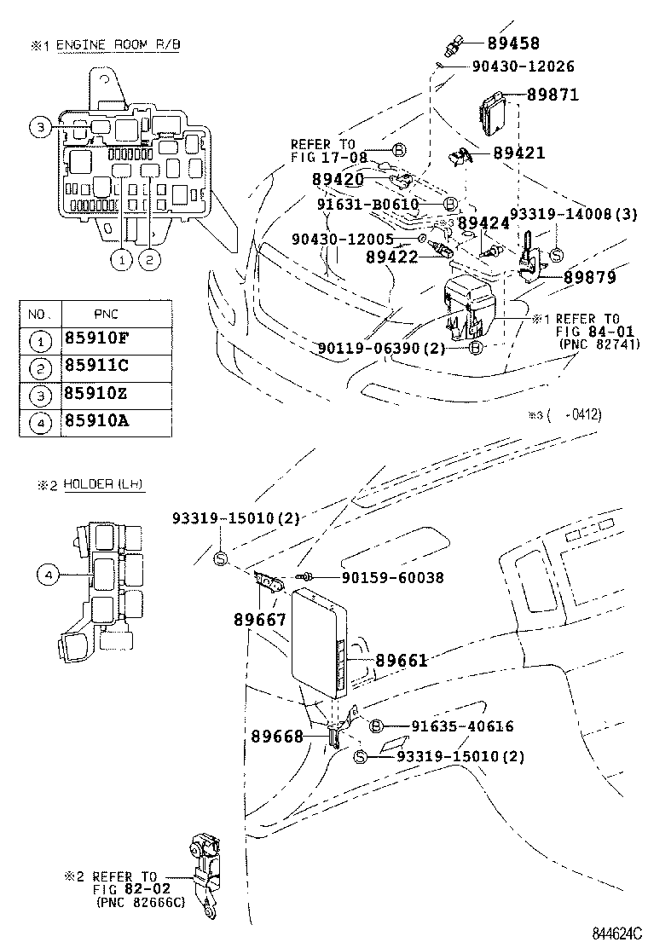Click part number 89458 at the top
(513, 43)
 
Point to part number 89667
(260, 620)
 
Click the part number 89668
(277, 735)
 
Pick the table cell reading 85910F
(96, 338)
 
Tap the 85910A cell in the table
(96, 420)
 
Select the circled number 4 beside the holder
(48, 576)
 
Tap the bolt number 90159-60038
(392, 577)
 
